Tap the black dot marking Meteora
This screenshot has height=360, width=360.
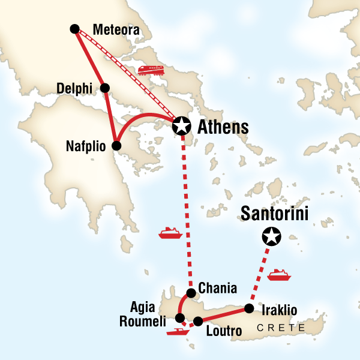tap(74, 28)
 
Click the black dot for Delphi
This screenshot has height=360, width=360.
tap(105, 88)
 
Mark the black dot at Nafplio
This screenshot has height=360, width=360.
tap(117, 146)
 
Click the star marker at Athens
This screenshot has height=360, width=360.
tap(181, 126)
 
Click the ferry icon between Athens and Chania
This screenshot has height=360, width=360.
tap(170, 232)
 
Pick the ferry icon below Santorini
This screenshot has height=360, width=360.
tap(279, 275)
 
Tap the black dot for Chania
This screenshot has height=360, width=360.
tap(191, 293)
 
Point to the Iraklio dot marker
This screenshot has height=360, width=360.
tap(248, 309)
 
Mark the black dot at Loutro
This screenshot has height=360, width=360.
tap(198, 321)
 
